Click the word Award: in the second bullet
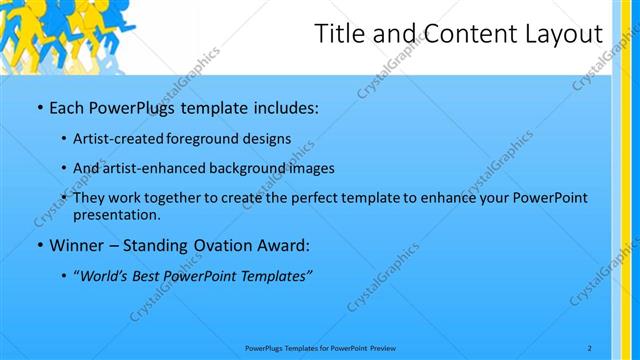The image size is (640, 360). coord(281,245)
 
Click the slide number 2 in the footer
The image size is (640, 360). coord(590,348)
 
